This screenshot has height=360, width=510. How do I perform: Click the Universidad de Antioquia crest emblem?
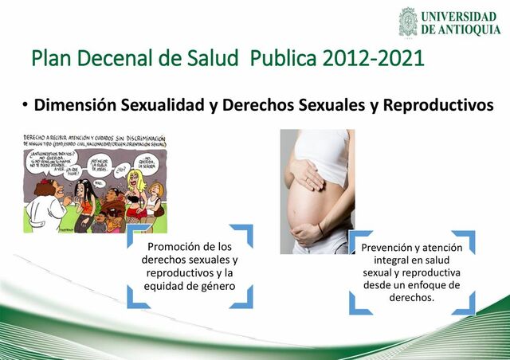click(x=408, y=22)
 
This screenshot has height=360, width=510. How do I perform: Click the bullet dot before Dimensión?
click(x=25, y=105)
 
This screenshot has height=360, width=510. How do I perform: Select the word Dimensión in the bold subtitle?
click(x=74, y=105)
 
